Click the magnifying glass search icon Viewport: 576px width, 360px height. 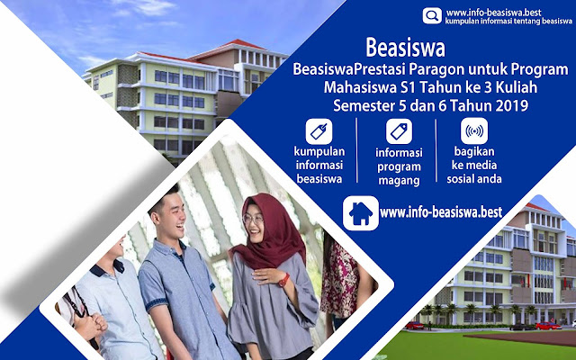(x=432, y=16)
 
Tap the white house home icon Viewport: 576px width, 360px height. (x=361, y=213)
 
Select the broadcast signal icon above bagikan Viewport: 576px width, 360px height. (x=474, y=130)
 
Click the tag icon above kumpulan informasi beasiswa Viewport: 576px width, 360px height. (x=319, y=131)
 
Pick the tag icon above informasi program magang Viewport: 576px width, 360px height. (x=399, y=131)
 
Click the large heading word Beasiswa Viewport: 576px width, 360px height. (x=405, y=48)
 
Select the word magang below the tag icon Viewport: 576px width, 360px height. (x=399, y=181)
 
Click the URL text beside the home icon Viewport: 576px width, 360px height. (x=441, y=212)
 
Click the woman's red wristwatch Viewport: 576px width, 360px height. (x=283, y=280)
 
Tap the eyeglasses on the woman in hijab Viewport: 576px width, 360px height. (x=253, y=220)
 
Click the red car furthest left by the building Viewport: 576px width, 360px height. (x=414, y=325)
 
